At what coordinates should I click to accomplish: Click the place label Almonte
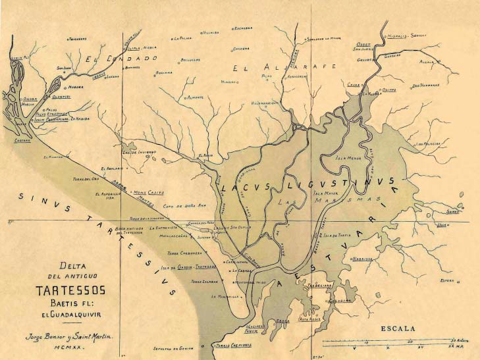[196, 97]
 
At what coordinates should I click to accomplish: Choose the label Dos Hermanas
[426, 86]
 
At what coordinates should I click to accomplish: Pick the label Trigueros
[78, 39]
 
